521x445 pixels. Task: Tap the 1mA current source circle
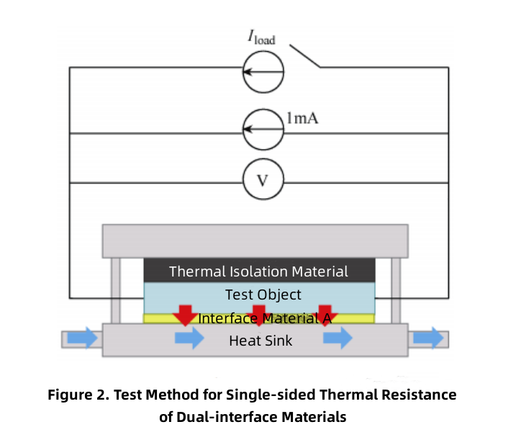tap(263, 130)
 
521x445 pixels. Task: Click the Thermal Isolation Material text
tap(258, 271)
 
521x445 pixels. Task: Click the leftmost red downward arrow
tap(186, 314)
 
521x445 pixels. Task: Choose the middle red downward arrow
tap(259, 314)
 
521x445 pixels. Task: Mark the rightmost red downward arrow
tap(325, 314)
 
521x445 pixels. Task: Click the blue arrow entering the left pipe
tap(81, 338)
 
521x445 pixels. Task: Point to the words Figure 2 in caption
tap(80, 395)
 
